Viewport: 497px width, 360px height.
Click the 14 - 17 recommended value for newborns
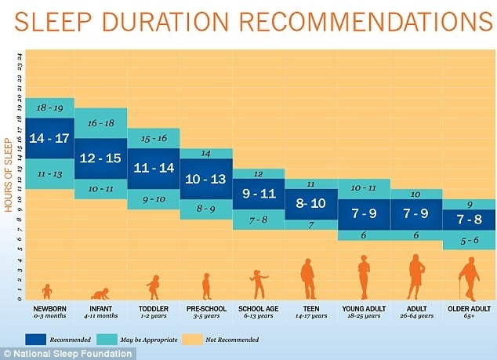click(49, 139)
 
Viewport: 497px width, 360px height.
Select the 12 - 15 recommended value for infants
click(100, 158)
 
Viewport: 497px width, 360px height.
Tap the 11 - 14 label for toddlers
click(153, 168)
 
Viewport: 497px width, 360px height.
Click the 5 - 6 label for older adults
click(469, 242)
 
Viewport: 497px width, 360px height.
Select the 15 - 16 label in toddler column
click(153, 138)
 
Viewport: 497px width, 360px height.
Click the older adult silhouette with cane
click(469, 280)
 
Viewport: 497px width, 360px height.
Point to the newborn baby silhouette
click(47, 291)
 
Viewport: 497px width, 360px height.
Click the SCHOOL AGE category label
click(258, 308)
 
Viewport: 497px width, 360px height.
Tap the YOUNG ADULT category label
click(363, 308)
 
